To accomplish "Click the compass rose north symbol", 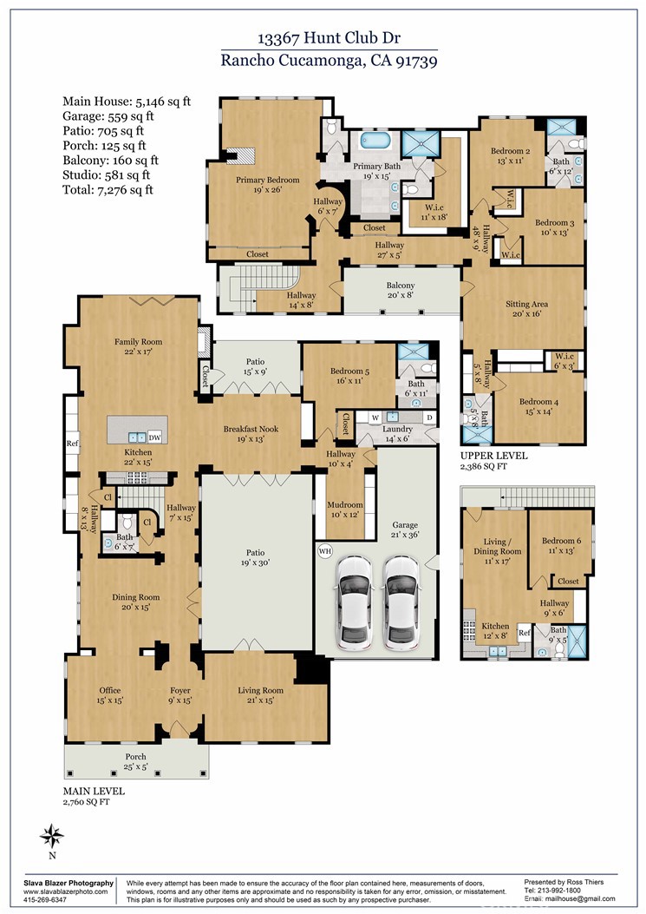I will (52, 838).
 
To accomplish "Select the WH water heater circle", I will (325, 550).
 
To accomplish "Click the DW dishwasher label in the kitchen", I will (154, 437).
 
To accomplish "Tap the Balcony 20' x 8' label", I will (400, 290).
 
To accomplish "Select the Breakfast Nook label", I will (250, 433).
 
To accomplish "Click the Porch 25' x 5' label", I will (135, 761).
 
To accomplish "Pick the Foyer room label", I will (179, 695).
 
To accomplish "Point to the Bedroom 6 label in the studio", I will (561, 546).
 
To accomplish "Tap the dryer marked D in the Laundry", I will (428, 418).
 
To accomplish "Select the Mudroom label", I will (344, 510).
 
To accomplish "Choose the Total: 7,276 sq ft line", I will (108, 189).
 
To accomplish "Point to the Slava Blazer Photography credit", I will (68, 882).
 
